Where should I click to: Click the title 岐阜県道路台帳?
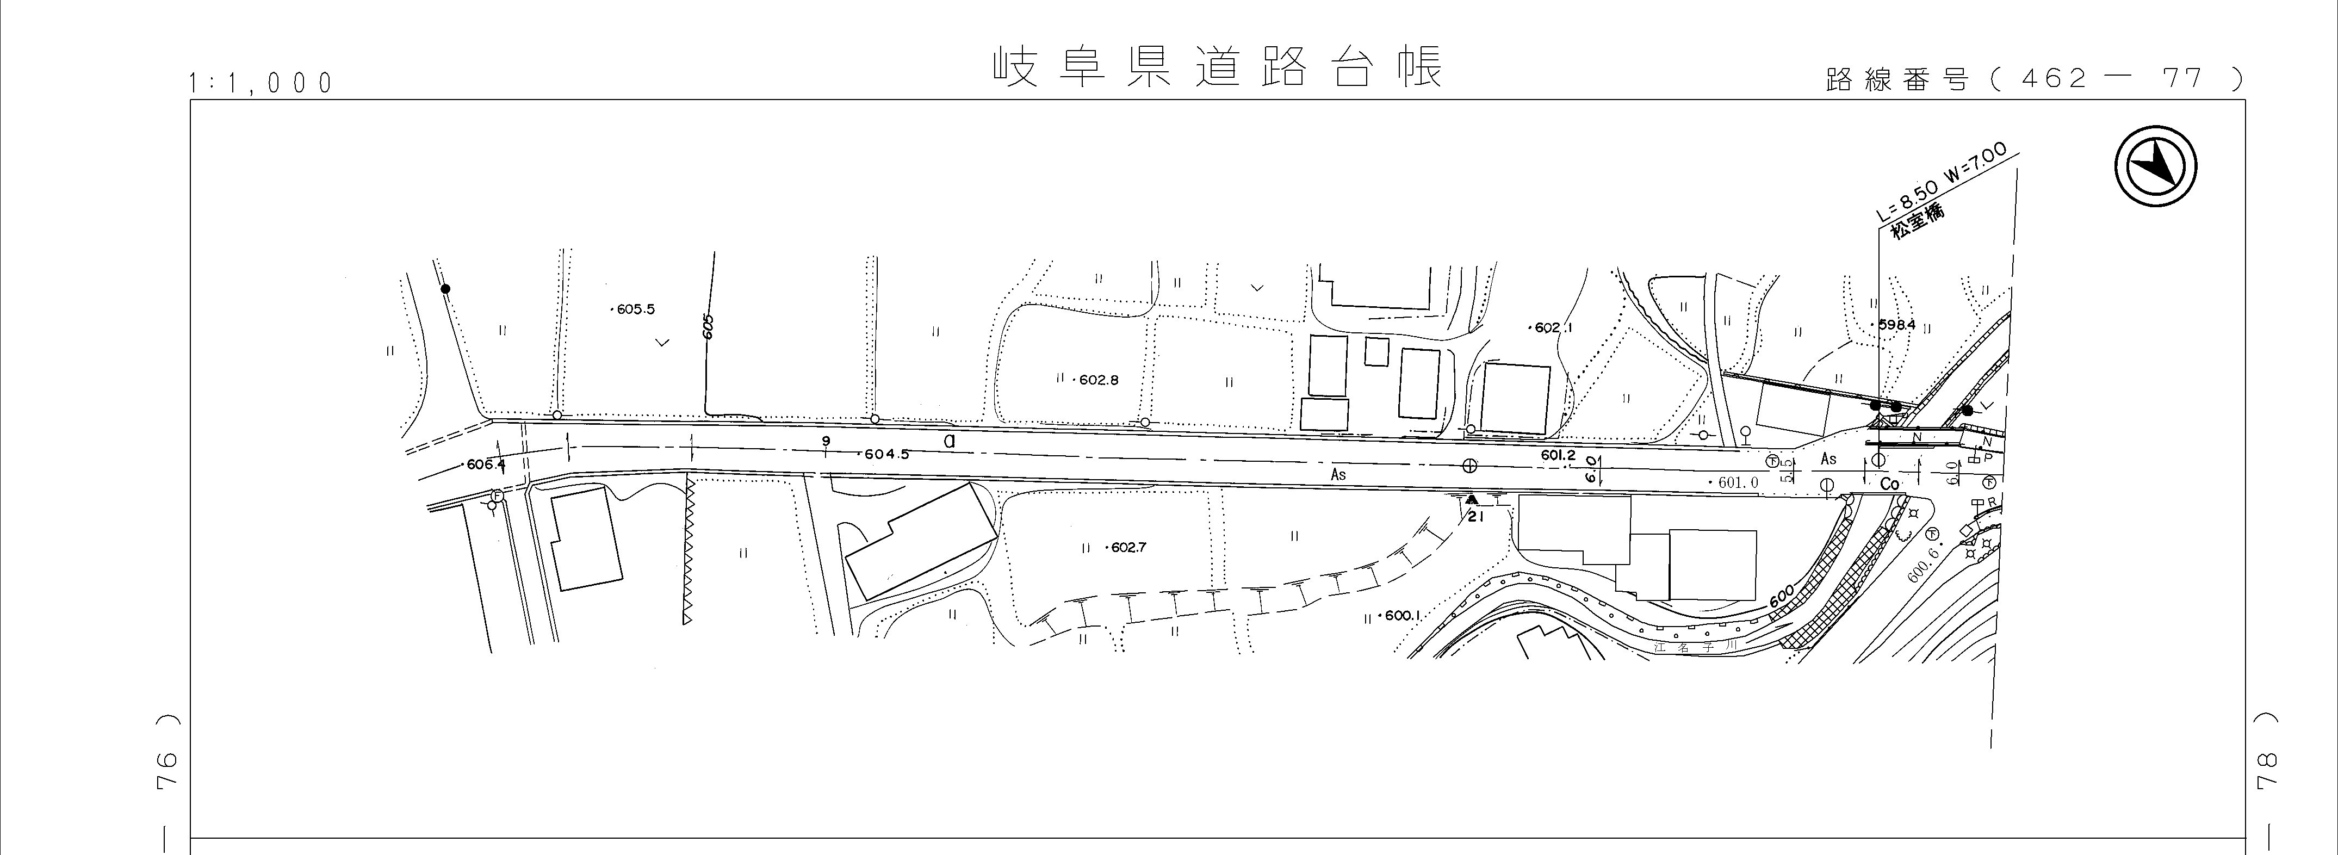pos(1215,67)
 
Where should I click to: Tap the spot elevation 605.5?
pos(632,309)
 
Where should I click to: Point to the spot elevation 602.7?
pos(1126,548)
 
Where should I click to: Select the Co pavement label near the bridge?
pos(1890,485)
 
